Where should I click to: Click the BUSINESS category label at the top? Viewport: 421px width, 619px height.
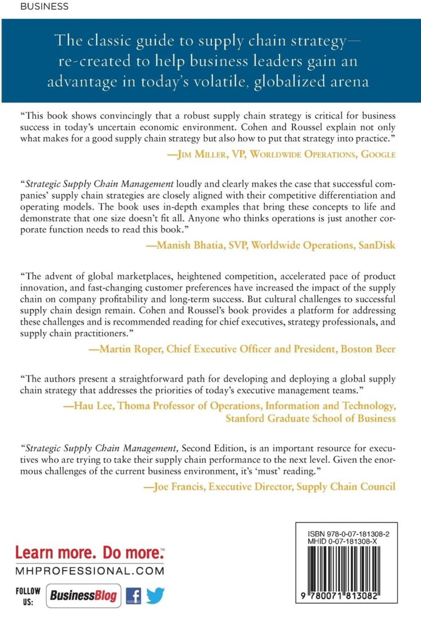tap(44, 6)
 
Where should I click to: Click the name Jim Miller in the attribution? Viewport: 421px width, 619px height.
tap(202, 154)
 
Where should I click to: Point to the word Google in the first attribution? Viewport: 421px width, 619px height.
tap(378, 154)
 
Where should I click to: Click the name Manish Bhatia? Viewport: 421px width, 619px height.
tap(190, 245)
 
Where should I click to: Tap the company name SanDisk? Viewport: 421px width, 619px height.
tap(376, 245)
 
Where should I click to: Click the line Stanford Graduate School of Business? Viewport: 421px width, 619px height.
tap(310, 418)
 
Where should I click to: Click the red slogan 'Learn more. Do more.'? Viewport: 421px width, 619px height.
tap(89, 553)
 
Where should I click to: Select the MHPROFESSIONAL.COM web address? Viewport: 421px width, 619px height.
tap(90, 571)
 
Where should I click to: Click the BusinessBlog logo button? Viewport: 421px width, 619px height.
tap(83, 595)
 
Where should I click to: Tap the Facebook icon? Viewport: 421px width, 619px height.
tap(134, 595)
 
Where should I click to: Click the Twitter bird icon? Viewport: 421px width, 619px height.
tap(155, 595)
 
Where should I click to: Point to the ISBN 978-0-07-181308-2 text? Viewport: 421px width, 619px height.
tap(348, 534)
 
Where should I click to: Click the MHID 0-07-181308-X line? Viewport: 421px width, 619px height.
tap(342, 541)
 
